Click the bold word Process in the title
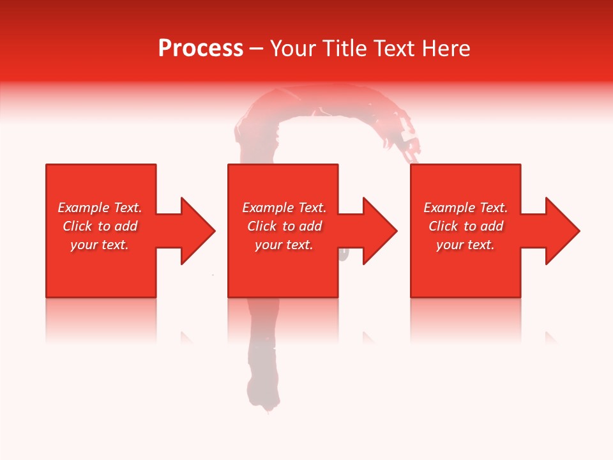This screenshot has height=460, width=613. pyautogui.click(x=201, y=49)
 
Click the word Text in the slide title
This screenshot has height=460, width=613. pyautogui.click(x=392, y=49)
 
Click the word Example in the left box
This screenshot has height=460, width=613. pyautogui.click(x=84, y=208)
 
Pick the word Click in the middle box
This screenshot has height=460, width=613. pyautogui.click(x=262, y=226)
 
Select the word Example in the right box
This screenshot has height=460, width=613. pyautogui.click(x=450, y=208)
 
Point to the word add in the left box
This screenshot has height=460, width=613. pyautogui.click(x=126, y=226)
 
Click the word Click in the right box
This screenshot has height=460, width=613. pyautogui.click(x=443, y=226)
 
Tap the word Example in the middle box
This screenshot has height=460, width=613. pyautogui.click(x=269, y=208)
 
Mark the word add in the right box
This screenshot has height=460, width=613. pyautogui.click(x=492, y=226)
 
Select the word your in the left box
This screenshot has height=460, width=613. pyautogui.click(x=84, y=245)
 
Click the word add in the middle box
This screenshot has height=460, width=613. pyautogui.click(x=311, y=226)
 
